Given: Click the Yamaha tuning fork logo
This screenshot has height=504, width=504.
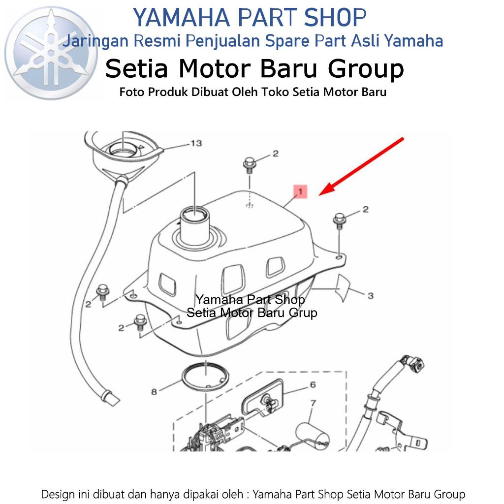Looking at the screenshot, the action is click(x=51, y=53).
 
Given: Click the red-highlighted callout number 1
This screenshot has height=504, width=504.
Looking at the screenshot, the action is click(x=300, y=191).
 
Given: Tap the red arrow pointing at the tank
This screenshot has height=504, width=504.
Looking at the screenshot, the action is click(x=361, y=166).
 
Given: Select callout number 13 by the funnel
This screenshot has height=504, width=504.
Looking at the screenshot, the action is click(x=196, y=143).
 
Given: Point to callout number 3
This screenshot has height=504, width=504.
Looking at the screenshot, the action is click(x=370, y=296).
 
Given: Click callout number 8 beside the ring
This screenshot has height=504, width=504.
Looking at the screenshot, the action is click(x=154, y=392).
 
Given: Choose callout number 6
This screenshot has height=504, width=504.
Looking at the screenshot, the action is click(x=313, y=384).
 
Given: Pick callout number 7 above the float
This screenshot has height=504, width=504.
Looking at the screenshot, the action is click(x=314, y=403).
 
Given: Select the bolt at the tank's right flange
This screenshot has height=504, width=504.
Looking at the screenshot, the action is click(x=339, y=221).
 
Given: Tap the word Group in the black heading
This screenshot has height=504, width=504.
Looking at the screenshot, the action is click(x=366, y=69).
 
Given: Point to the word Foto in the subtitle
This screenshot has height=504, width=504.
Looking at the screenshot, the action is click(x=131, y=92).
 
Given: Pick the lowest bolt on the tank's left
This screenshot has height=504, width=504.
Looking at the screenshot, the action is click(x=140, y=322).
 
